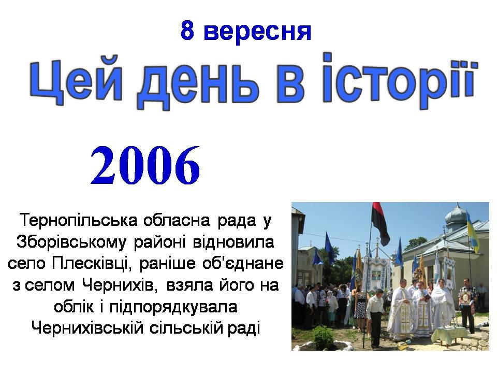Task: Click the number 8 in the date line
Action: [187, 31]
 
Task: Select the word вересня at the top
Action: [257, 32]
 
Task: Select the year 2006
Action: [145, 165]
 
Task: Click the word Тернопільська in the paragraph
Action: [79, 220]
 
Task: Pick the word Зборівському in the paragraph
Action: [71, 242]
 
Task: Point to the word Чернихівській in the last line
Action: [87, 328]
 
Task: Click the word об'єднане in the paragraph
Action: [243, 263]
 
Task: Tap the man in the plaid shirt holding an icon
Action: [467, 305]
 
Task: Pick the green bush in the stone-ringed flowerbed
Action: [323, 338]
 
